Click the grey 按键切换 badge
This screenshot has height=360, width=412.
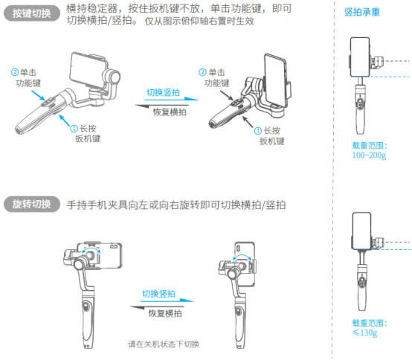pos(32,13)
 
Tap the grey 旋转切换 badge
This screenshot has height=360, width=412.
pos(32,204)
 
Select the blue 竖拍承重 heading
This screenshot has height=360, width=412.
pos(362,12)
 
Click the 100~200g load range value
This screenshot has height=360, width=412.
pos(369,155)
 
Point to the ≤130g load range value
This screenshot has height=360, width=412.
pos(364,332)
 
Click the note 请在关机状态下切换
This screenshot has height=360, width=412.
pos(164,344)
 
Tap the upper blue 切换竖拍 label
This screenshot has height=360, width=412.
pos(163,92)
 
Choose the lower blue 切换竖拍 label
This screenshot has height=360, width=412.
pos(158,294)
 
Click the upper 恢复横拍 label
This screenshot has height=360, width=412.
pos(170,112)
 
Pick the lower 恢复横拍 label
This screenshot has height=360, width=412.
pos(165,313)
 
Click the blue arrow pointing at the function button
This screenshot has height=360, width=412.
pos(38,95)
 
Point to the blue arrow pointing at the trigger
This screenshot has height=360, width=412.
pos(64,120)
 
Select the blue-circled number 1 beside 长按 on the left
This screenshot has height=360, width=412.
pos(74,128)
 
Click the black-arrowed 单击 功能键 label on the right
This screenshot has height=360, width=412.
pos(214,78)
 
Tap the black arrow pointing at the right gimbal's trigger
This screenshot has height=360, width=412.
pos(248,122)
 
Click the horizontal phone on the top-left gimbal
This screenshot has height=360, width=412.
pos(88,69)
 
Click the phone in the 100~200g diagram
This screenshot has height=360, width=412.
pos(360,57)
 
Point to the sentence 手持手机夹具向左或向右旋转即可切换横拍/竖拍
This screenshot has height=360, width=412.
pos(176,205)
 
